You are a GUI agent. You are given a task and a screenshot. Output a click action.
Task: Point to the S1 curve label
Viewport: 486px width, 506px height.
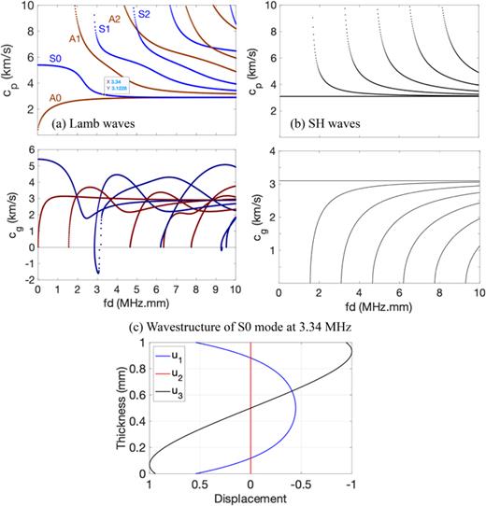[105, 30]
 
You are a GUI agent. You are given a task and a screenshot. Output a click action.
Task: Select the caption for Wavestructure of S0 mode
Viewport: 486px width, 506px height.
[241, 324]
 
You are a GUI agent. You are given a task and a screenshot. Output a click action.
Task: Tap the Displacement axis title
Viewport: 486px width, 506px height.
[250, 499]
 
